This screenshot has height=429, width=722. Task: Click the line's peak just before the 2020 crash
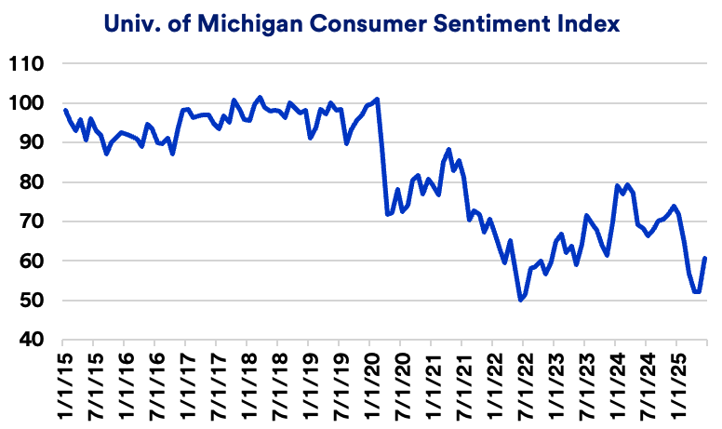(x=377, y=99)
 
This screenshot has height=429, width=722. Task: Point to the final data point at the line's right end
(x=705, y=258)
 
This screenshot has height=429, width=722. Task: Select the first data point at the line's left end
(x=65, y=110)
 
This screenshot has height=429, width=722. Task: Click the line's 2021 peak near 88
(x=448, y=149)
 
